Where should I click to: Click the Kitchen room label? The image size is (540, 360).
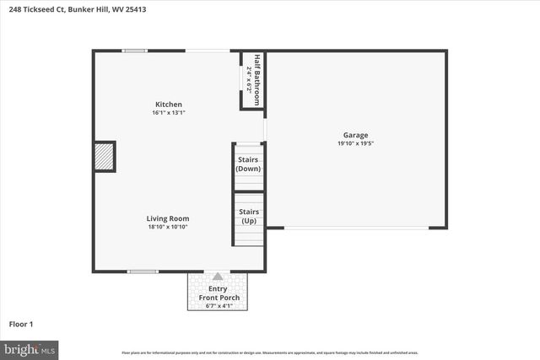pos(167,105)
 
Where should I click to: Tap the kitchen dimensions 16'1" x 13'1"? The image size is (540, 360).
pos(167,113)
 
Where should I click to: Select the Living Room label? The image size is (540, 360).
pos(167,218)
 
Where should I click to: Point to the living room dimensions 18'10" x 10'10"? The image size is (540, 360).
pos(167,227)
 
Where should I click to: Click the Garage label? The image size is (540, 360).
pos(355,135)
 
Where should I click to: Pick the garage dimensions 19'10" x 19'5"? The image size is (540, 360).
pos(355,143)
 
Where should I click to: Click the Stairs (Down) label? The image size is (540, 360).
pos(248,164)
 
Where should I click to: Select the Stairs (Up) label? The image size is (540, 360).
pos(248,216)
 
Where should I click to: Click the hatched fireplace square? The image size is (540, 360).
pos(104,157)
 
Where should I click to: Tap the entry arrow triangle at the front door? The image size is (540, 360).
pos(218,277)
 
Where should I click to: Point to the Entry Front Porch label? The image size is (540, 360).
pos(218,293)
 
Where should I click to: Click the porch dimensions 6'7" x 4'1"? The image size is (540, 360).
pos(218,305)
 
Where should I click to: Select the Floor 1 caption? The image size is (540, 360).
pos(20,324)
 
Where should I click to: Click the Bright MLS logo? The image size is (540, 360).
pos(30,348)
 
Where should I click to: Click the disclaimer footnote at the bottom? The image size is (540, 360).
pos(270,352)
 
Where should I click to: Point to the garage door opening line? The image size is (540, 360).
pos(355,228)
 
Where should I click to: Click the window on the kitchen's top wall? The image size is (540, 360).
pos(135,51)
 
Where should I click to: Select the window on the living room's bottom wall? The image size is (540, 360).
pos(143,271)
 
